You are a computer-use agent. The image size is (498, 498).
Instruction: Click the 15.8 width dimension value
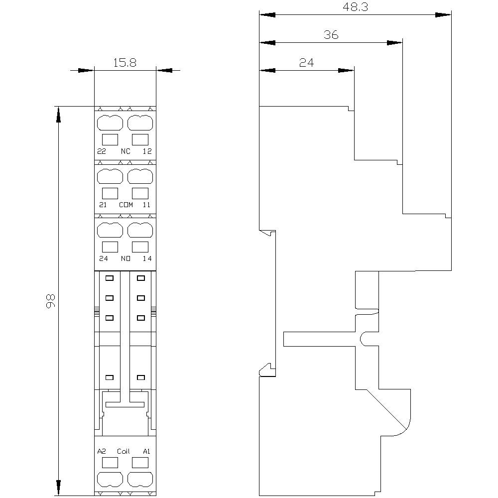[125, 63]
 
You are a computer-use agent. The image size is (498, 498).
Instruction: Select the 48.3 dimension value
[356, 7]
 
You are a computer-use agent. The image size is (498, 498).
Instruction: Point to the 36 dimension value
[331, 35]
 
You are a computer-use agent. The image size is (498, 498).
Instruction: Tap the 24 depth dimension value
[306, 63]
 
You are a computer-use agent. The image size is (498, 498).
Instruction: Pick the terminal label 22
[102, 151]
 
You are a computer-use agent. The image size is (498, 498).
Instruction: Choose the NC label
[125, 151]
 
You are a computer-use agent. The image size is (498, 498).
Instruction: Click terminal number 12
[147, 151]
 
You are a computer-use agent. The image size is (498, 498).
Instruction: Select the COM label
[126, 205]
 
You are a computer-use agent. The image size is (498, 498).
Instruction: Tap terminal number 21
[103, 205]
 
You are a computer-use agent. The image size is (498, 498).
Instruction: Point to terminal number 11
[146, 205]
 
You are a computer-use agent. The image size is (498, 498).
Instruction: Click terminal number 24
[104, 258]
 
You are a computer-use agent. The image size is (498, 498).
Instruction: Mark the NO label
[125, 258]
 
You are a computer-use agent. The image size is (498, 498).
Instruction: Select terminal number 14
[147, 258]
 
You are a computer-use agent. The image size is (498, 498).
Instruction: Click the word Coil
[124, 451]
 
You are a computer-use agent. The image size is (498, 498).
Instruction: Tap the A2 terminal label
[102, 451]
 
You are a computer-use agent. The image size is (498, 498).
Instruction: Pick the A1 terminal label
[146, 451]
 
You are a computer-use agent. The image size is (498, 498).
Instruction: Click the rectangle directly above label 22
[110, 140]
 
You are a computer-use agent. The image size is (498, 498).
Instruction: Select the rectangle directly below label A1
[140, 463]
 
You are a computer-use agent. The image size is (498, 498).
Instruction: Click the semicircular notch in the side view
[361, 339]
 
